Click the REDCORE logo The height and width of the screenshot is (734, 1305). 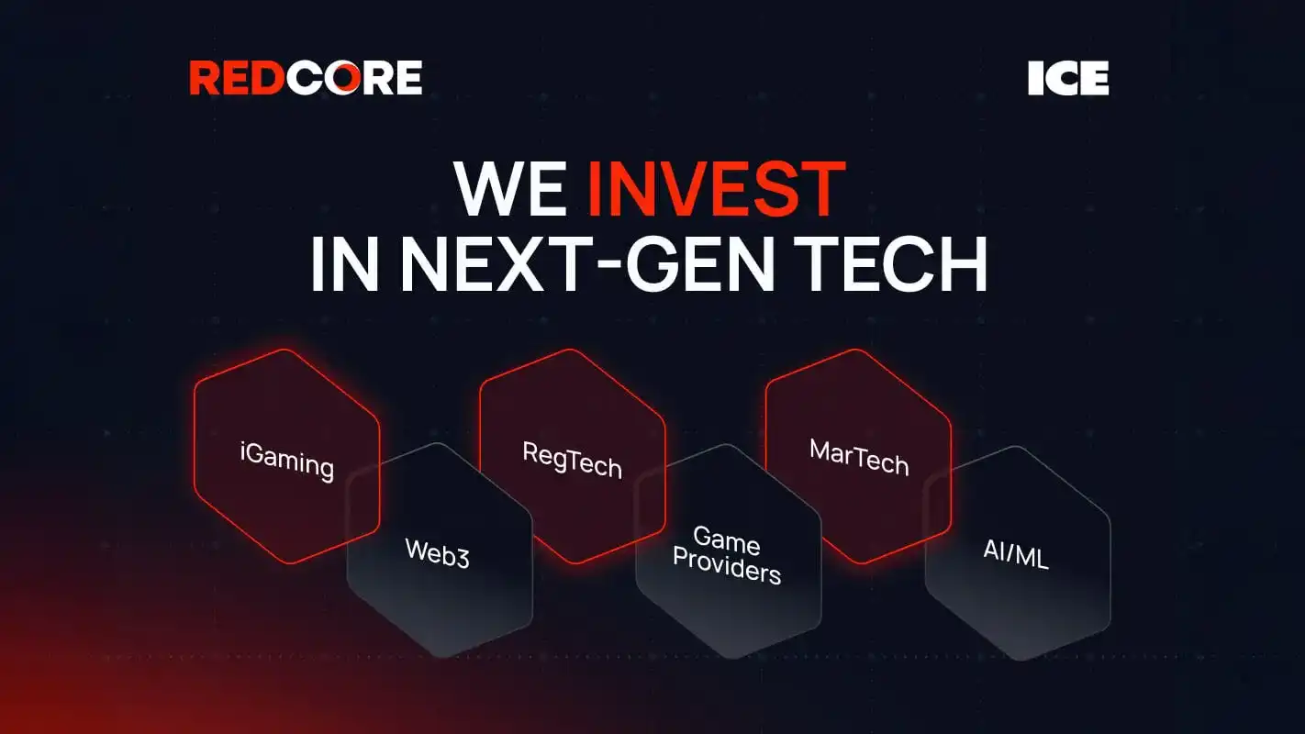pos(306,78)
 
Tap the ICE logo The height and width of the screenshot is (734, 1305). pos(1068,79)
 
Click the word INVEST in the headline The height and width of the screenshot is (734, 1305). pos(716,190)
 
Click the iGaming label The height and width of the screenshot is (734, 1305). pos(286,461)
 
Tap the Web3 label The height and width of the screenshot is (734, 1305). pos(438,553)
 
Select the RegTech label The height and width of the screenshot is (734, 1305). pos(572,460)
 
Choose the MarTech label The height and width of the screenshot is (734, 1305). pos(859,457)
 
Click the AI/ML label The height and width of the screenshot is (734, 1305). pos(1015,554)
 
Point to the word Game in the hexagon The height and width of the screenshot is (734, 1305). pos(726,540)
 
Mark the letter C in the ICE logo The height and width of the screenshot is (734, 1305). pos(1067,79)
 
